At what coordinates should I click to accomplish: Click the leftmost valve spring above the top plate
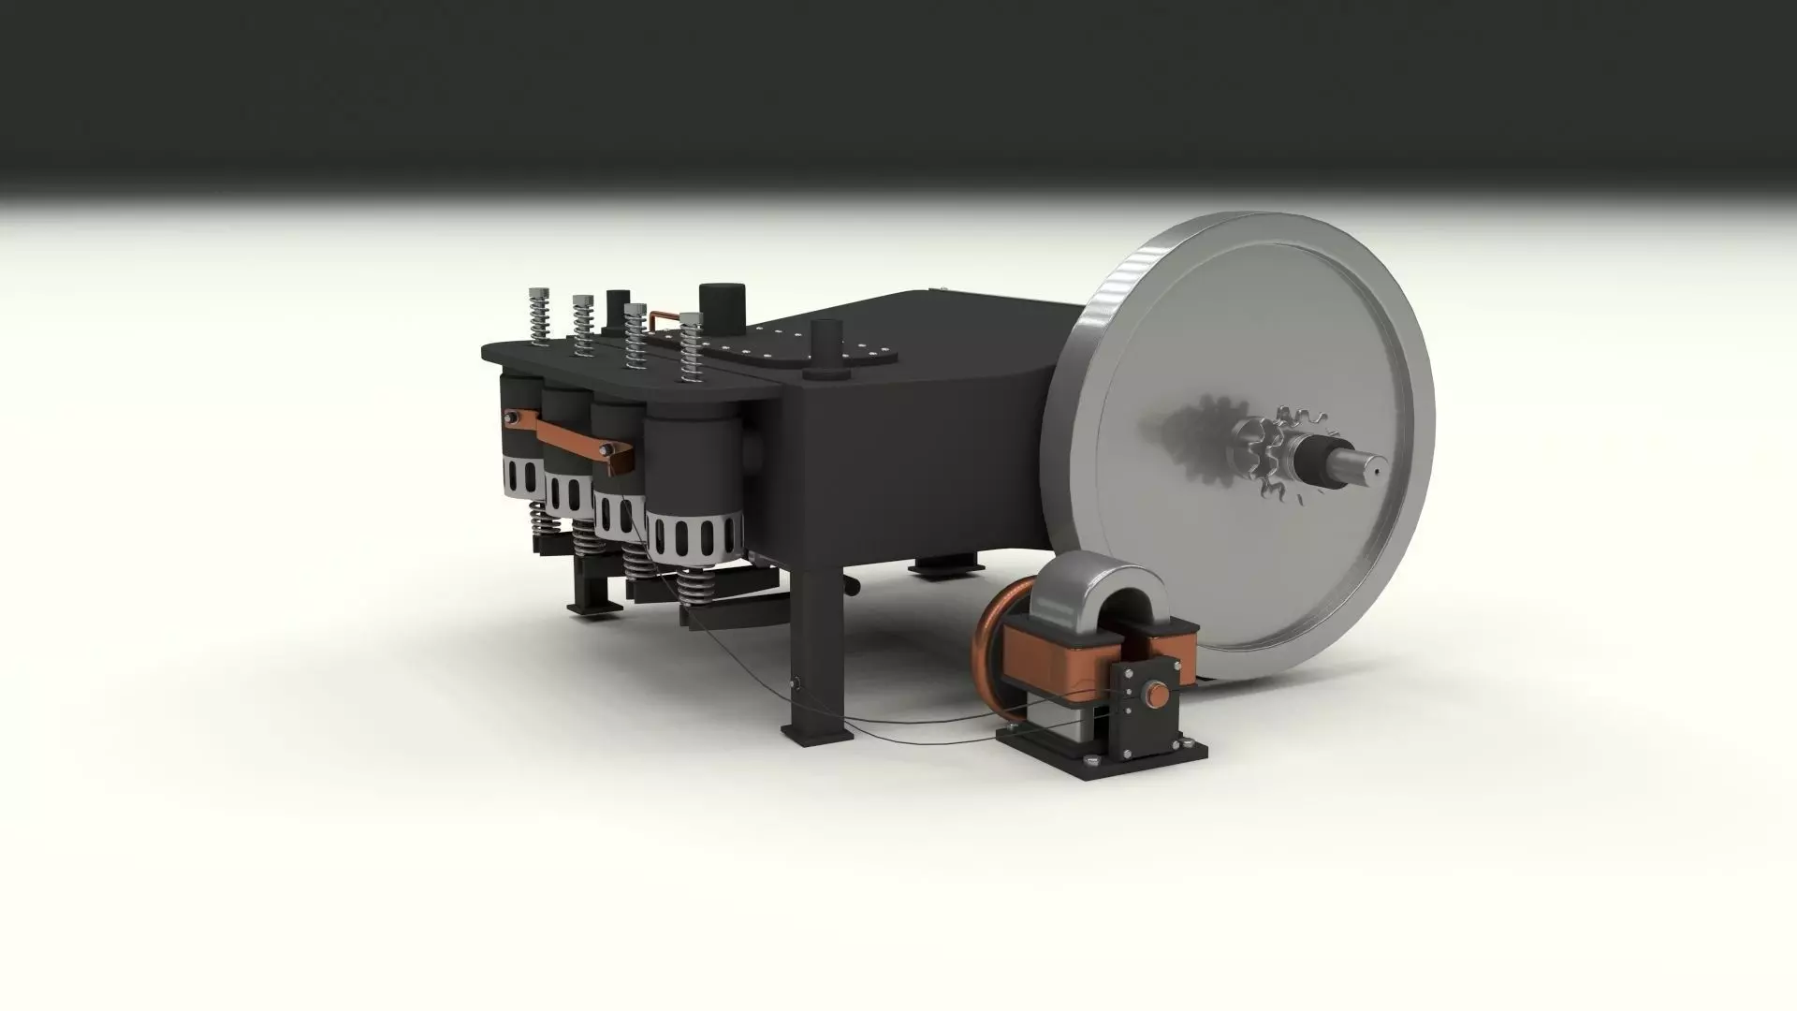click(x=536, y=316)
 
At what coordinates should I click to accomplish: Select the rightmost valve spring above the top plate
click(x=691, y=346)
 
